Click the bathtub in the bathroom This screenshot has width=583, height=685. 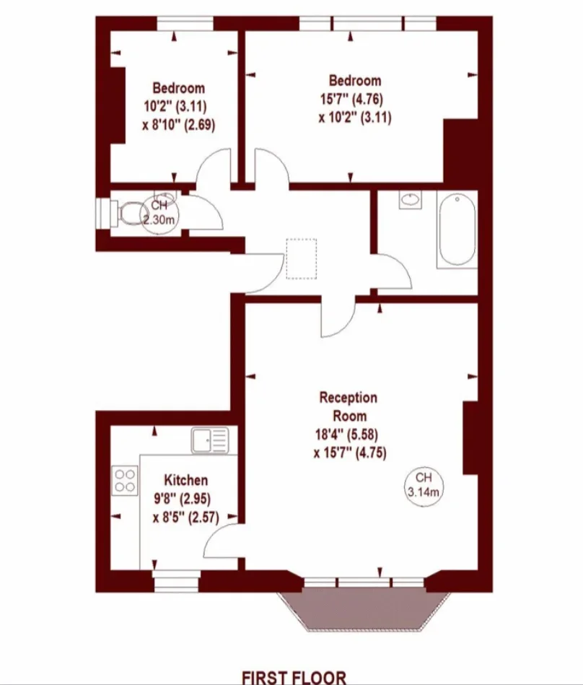(457, 230)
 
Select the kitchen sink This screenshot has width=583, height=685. (210, 440)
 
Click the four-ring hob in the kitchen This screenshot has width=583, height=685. (125, 481)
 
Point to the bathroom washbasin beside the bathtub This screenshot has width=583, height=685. (410, 200)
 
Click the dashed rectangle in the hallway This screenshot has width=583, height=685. (302, 258)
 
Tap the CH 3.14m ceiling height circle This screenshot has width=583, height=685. (423, 485)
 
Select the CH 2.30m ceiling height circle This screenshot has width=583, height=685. (159, 212)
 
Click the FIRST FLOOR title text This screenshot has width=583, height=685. (294, 677)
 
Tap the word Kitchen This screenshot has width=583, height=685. (185, 480)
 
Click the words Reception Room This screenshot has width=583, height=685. (349, 406)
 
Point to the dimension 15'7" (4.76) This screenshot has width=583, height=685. (351, 99)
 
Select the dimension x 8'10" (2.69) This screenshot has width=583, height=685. (179, 126)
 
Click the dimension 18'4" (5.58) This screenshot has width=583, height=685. (346, 435)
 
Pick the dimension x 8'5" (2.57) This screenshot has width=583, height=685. (185, 518)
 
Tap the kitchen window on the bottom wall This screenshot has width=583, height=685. (177, 581)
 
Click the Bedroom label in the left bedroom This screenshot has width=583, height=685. (179, 88)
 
